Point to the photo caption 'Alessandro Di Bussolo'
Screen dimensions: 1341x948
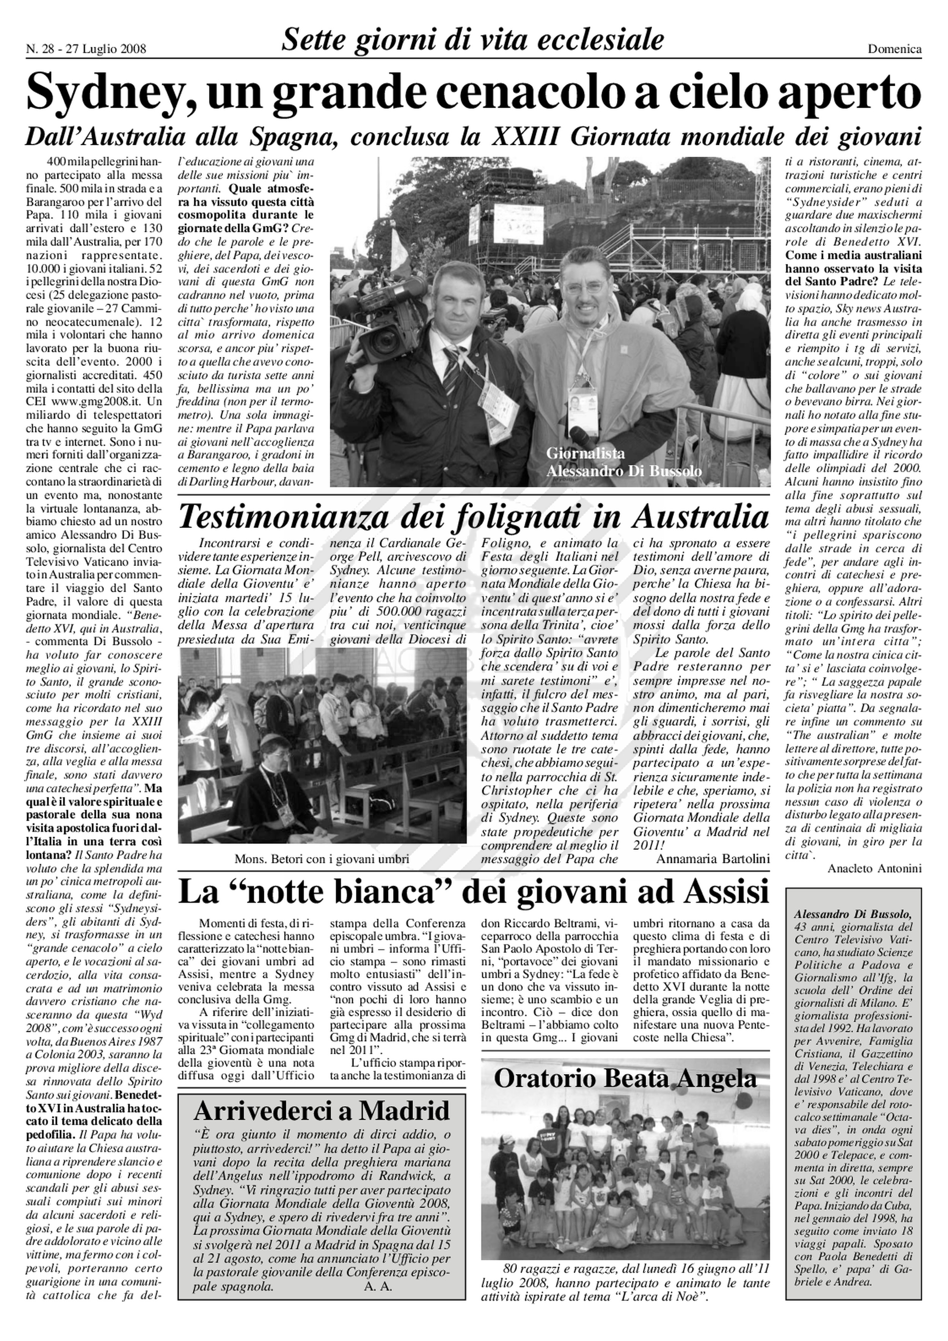[623, 471]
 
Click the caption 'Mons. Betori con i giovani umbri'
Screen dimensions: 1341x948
[322, 859]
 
